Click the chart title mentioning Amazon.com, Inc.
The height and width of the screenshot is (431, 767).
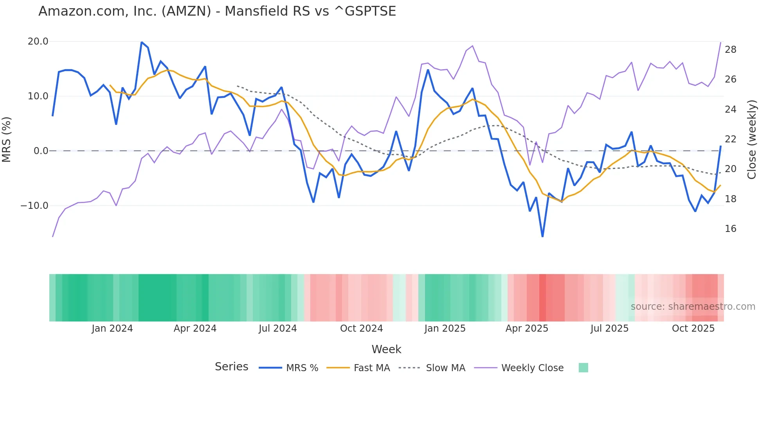tap(217, 11)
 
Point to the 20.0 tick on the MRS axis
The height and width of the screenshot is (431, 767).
tap(38, 41)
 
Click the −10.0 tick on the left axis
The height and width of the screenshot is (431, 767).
tap(34, 206)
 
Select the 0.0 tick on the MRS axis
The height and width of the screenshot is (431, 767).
tap(41, 151)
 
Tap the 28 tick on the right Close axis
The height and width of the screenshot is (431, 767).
tap(730, 50)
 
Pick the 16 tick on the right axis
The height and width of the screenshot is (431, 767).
tap(730, 229)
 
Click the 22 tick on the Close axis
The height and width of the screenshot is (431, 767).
tap(730, 139)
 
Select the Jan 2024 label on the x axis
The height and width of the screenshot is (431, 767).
tap(112, 329)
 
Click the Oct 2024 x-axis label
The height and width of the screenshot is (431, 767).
tap(361, 329)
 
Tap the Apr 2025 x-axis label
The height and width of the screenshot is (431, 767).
tap(527, 329)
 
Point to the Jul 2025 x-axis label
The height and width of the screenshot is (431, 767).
tap(609, 329)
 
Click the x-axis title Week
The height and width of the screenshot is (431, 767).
tap(386, 349)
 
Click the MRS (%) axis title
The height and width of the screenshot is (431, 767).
tap(7, 140)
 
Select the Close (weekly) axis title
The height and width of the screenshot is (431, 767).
tap(752, 140)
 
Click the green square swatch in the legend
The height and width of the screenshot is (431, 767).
tap(583, 368)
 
